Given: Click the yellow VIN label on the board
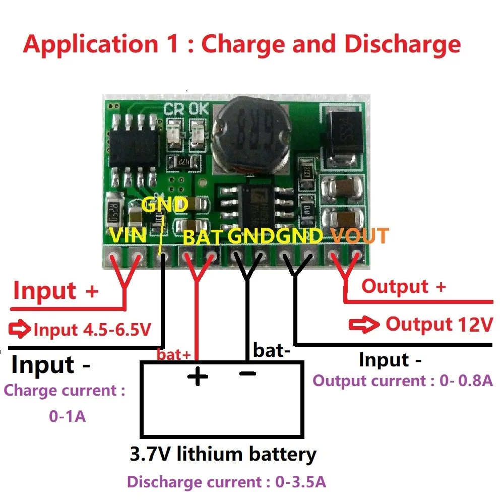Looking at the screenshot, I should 128,235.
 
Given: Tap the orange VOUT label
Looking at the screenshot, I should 360,235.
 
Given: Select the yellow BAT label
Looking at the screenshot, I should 202,236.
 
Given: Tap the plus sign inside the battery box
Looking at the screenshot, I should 197,376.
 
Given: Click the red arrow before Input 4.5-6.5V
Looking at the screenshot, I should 20,330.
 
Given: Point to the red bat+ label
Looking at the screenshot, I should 174,354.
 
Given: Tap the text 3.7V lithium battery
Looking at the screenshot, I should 223,454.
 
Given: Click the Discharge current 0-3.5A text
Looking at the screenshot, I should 226,482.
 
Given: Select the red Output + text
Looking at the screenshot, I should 404,286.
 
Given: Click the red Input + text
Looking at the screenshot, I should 55,291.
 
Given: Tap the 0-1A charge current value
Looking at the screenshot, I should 67,417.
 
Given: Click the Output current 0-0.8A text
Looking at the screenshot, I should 402,380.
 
